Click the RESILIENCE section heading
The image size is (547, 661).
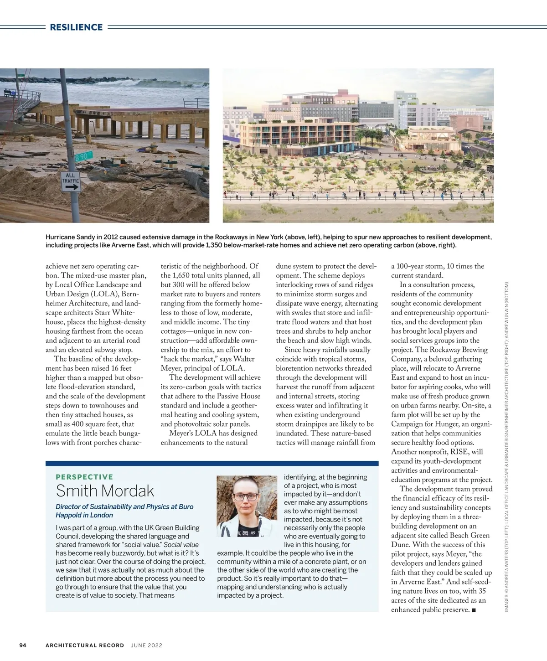click(x=76, y=27)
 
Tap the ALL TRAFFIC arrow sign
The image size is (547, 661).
click(x=71, y=181)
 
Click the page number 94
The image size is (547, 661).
click(x=23, y=645)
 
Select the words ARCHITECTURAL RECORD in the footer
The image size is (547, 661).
click(x=85, y=645)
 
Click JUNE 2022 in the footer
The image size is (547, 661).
click(x=146, y=645)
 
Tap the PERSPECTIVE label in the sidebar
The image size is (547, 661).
click(x=84, y=477)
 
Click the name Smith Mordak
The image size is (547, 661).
click(x=105, y=491)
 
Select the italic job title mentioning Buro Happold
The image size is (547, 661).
click(x=124, y=511)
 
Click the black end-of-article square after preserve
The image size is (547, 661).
click(x=474, y=610)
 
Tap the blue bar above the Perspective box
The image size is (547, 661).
click(x=212, y=463)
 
